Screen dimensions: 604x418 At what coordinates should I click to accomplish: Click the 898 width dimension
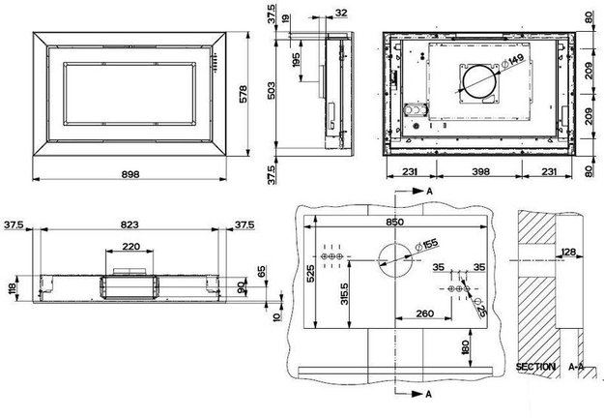130,174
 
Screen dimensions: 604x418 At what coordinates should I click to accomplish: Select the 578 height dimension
244,94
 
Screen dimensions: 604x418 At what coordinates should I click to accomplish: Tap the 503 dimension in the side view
272,91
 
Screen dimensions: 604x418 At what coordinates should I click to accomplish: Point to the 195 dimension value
296,60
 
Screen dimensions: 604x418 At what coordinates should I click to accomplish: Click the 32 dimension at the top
341,13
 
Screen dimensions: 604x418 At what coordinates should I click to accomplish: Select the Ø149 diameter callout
511,62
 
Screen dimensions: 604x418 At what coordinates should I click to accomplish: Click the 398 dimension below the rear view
480,171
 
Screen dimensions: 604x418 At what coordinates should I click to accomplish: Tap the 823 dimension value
129,224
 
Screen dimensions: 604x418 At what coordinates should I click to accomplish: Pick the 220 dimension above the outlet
131,246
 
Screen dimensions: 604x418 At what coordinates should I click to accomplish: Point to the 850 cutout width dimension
395,222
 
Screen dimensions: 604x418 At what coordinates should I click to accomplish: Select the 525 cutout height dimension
310,273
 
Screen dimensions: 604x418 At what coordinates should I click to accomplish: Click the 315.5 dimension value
344,294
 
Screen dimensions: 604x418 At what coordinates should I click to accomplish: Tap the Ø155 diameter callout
426,246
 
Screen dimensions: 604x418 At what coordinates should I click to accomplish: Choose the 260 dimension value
425,313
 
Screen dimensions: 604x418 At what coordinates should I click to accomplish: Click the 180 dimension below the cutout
465,347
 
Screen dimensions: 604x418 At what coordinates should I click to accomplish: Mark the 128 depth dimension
568,252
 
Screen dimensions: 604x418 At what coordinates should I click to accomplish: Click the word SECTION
535,367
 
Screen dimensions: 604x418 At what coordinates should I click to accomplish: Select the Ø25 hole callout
480,308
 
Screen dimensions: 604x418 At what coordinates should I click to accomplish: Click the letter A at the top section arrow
429,192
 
